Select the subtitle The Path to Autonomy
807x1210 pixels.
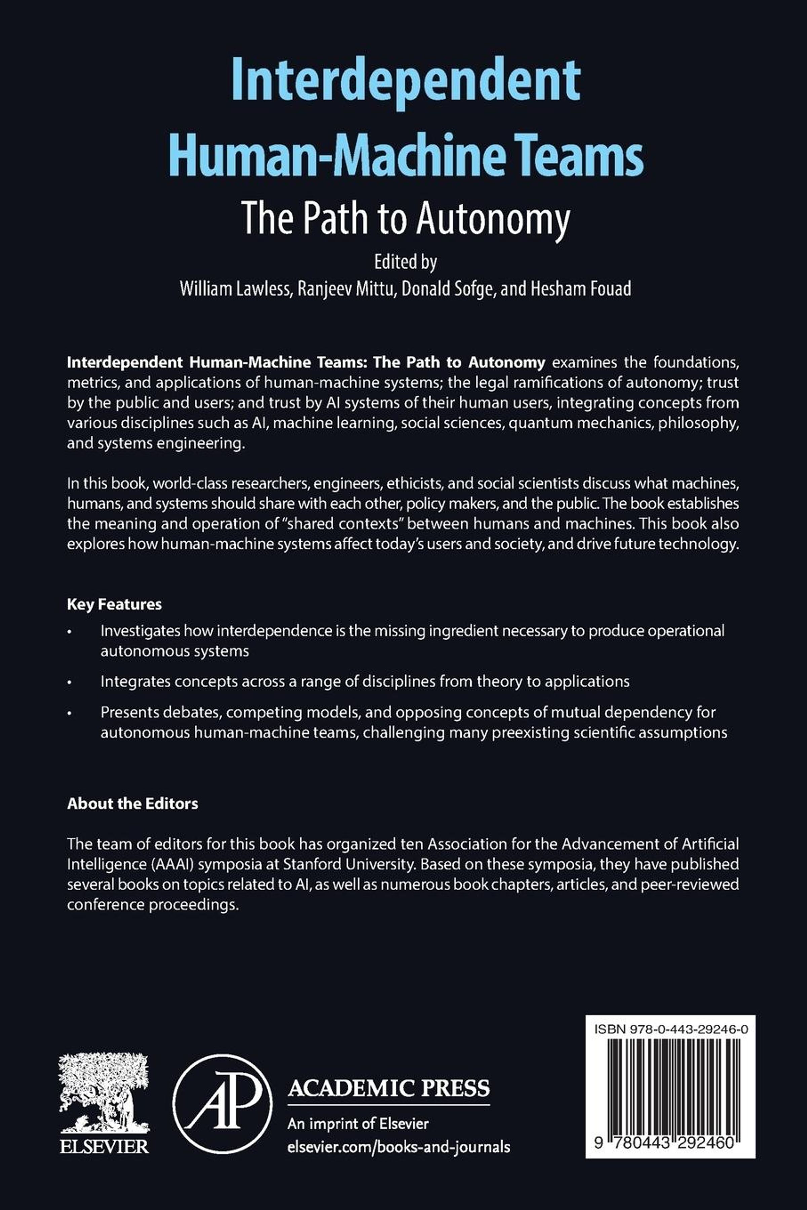tap(406, 218)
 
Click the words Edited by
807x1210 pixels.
tap(406, 262)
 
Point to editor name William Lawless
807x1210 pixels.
tap(235, 289)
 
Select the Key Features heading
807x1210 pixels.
tap(114, 604)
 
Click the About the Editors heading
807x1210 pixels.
tap(132, 804)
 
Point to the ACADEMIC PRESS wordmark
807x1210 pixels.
tap(389, 1089)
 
